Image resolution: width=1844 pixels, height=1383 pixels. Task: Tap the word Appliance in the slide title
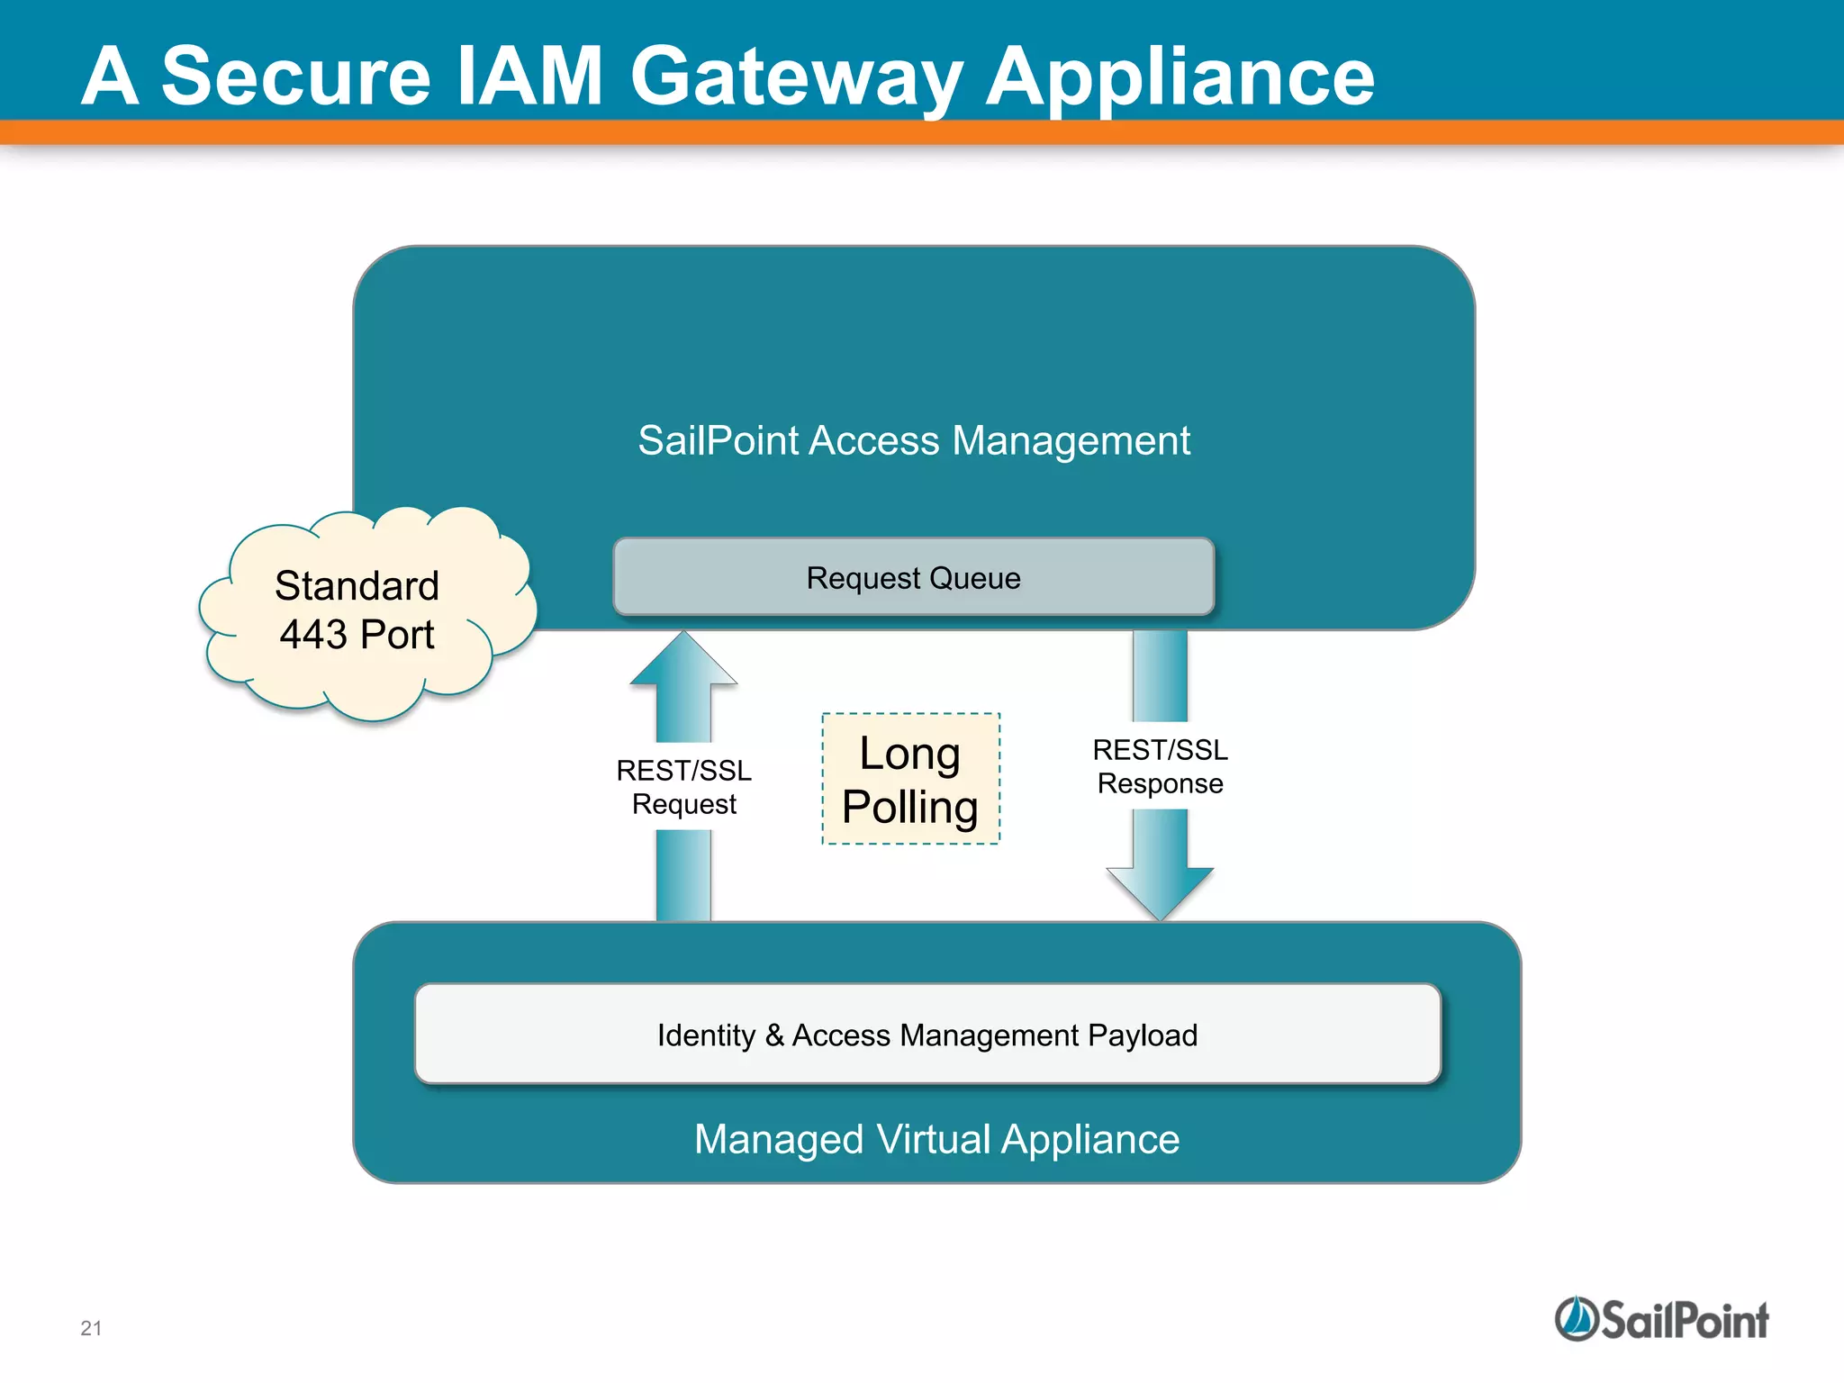click(1180, 77)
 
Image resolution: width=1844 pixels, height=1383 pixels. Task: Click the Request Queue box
click(913, 578)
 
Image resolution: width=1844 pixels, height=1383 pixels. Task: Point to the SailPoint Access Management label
click(913, 441)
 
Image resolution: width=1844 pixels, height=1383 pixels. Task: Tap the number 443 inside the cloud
click(313, 635)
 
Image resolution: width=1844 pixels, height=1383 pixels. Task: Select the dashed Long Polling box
click(910, 779)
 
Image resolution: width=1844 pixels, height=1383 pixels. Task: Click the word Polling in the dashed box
click(910, 807)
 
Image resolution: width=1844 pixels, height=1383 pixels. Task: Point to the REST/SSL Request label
click(683, 787)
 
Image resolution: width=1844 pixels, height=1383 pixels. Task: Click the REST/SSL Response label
click(1160, 766)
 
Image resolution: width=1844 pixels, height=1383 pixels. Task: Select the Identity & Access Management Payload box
click(927, 1035)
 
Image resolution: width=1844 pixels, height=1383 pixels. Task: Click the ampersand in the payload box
click(774, 1035)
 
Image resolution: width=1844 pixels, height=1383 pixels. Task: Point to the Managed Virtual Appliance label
click(936, 1139)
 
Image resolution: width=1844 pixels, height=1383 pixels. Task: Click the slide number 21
click(91, 1328)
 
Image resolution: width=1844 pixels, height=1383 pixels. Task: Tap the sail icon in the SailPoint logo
click(1576, 1319)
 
